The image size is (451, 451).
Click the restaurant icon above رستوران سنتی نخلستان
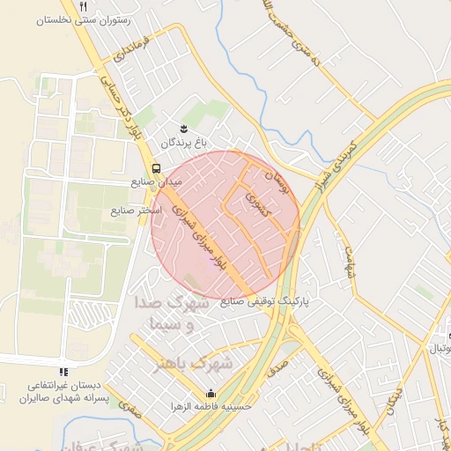click(x=83, y=5)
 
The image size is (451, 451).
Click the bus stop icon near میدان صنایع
click(x=156, y=167)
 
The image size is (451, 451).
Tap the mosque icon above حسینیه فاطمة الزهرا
click(x=210, y=394)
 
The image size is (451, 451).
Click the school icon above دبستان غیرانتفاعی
click(x=63, y=373)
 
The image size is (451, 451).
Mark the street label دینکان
click(x=394, y=402)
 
